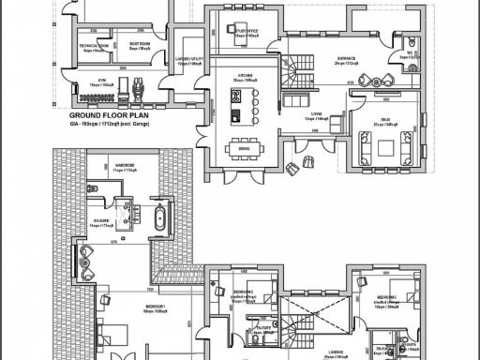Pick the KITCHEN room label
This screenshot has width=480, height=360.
(x=245, y=77)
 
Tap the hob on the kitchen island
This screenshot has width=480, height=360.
(x=235, y=95)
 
